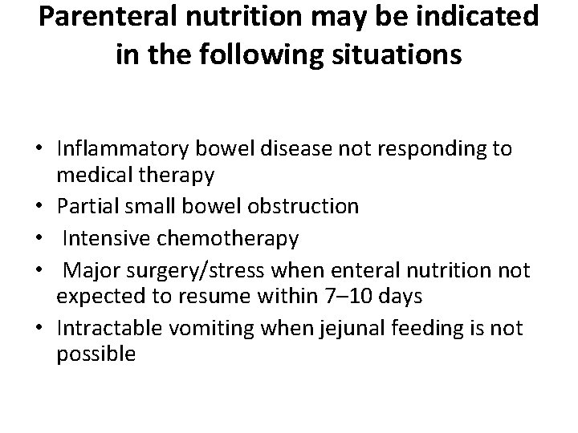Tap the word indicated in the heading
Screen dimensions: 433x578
click(x=474, y=19)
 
